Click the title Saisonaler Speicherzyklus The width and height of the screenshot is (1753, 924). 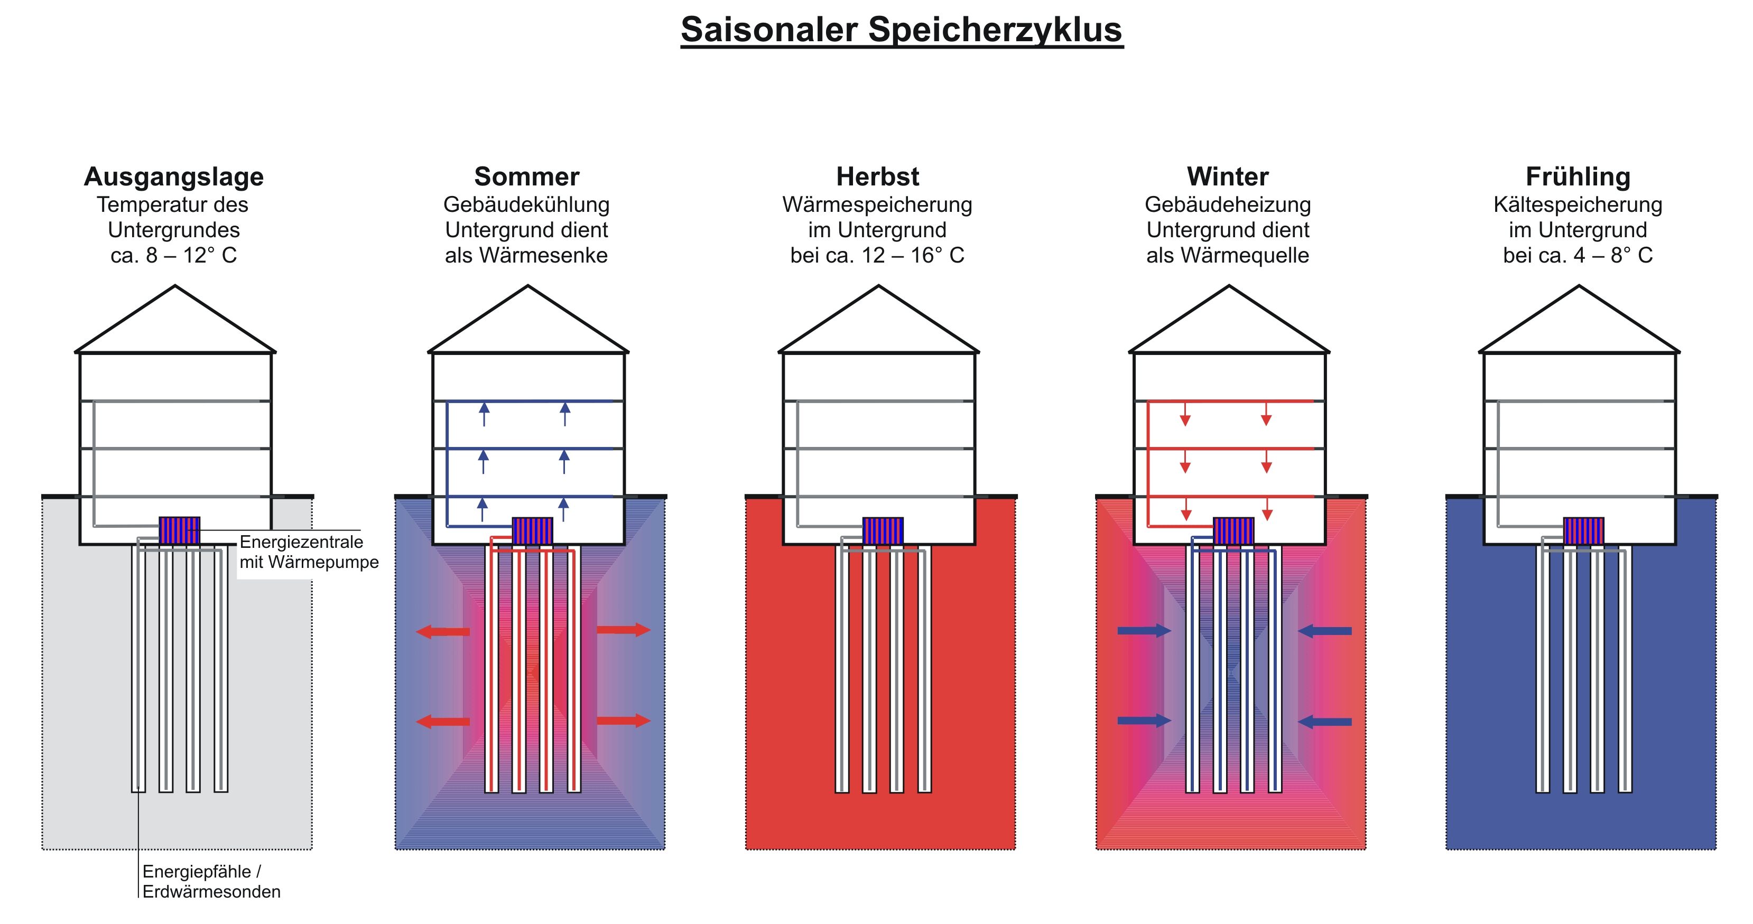(x=902, y=31)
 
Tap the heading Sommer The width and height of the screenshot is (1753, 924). (x=527, y=177)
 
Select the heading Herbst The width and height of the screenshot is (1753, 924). (x=877, y=177)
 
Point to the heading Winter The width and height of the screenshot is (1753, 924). (x=1228, y=177)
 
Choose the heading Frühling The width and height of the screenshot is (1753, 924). (x=1578, y=177)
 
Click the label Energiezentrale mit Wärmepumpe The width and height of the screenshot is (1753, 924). (x=308, y=552)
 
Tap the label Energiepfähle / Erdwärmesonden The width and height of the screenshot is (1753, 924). (x=211, y=881)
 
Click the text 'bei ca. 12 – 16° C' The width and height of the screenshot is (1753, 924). (x=877, y=256)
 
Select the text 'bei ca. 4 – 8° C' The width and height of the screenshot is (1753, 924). (x=1578, y=256)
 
